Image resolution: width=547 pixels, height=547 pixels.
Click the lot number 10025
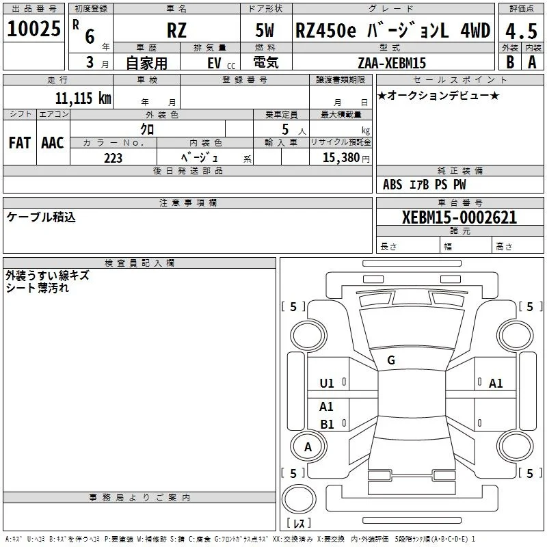(34, 28)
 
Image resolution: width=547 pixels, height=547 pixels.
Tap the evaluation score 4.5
(521, 31)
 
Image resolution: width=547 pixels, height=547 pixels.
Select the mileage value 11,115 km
(83, 98)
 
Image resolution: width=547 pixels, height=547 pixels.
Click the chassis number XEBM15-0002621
(459, 217)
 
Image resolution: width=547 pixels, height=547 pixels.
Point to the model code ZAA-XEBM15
(392, 63)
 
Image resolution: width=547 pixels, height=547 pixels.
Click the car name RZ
(176, 30)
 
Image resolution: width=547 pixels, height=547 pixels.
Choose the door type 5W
(265, 30)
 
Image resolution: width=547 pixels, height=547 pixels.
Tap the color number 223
(113, 158)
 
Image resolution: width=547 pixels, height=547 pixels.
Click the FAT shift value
(20, 143)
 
